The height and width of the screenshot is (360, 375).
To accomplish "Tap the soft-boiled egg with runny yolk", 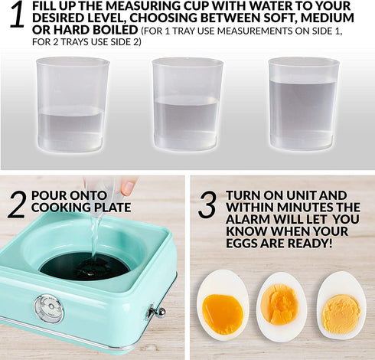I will (x=223, y=306).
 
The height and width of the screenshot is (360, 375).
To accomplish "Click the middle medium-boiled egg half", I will (x=282, y=306).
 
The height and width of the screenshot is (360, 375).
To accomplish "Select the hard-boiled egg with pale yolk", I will (x=341, y=306).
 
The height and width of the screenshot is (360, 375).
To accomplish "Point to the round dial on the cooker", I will (x=49, y=308).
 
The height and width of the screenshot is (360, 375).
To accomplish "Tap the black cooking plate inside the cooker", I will (x=84, y=265).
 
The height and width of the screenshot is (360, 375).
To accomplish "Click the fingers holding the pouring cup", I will (x=126, y=186).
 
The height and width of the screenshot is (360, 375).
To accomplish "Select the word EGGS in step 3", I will (x=245, y=244).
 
